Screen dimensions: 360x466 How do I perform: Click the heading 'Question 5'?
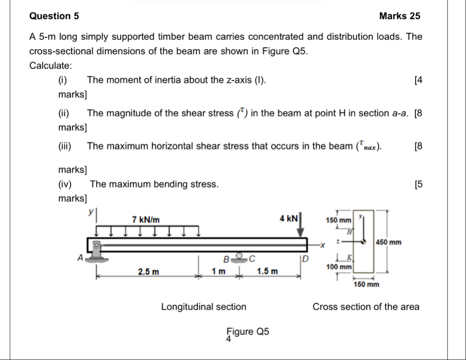(54, 16)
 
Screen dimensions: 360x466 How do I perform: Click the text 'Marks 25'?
(400, 16)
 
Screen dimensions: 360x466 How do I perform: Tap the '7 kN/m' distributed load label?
(146, 220)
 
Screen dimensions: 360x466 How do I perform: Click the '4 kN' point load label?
(289, 219)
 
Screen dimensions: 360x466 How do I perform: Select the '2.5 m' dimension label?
(149, 272)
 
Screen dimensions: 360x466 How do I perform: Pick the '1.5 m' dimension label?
(267, 272)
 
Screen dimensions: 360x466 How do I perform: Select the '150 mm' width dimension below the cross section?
(366, 285)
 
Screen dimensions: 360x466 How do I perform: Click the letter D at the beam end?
(306, 258)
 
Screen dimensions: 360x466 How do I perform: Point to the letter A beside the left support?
(81, 257)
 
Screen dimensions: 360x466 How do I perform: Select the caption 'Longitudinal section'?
(204, 307)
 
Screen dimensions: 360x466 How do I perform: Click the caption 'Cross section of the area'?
(366, 307)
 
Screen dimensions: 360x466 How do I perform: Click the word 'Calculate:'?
(50, 65)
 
